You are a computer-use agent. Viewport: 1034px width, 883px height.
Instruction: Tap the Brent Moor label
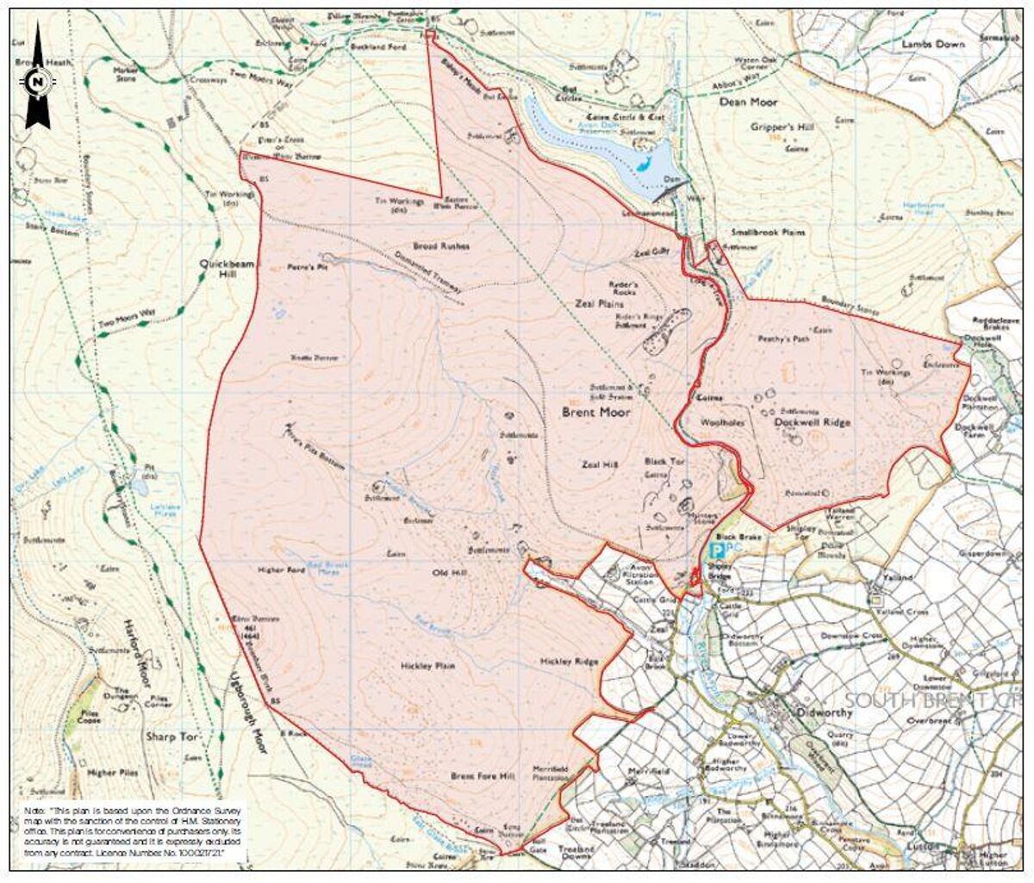tap(596, 413)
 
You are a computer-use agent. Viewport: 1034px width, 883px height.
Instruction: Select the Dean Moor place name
tap(749, 102)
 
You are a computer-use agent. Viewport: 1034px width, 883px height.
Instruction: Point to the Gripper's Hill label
tap(782, 127)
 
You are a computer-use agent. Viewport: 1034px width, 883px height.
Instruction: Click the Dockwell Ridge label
tap(812, 422)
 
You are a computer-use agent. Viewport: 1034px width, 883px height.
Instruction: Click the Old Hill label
tap(448, 573)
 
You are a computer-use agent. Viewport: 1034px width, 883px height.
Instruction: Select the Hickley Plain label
tap(428, 666)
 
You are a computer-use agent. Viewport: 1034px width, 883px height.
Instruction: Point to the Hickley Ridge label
tap(569, 662)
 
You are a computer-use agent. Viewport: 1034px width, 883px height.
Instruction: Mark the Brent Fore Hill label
tap(483, 776)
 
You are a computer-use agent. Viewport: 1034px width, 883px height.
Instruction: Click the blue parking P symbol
tap(714, 546)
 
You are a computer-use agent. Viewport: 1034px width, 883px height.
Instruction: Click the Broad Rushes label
tap(441, 246)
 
